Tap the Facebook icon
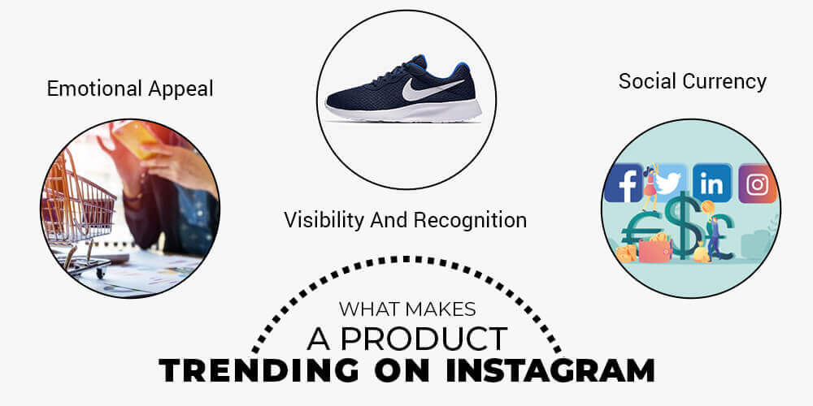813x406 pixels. click(624, 183)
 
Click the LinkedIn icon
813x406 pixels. click(712, 183)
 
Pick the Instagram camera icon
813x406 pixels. click(758, 184)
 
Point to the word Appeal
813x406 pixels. click(180, 89)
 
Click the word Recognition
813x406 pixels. click(470, 221)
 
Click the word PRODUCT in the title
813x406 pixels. click(423, 339)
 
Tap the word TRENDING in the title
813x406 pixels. click(258, 371)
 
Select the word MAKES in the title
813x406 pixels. click(441, 309)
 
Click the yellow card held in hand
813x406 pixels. click(135, 139)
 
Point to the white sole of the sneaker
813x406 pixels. click(404, 110)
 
